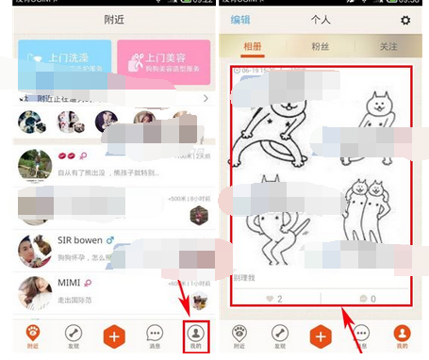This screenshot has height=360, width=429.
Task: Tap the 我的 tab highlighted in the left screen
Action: coord(195,335)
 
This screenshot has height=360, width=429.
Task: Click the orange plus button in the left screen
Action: coord(115,335)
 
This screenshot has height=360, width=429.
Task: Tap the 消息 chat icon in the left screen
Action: coord(156,335)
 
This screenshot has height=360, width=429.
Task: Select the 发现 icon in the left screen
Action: coord(74,335)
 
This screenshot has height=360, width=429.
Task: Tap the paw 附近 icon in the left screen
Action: coord(32,335)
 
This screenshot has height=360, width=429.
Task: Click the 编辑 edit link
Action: coord(240,20)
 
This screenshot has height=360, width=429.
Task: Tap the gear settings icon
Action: coord(405,20)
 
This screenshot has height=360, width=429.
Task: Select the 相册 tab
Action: coord(254,46)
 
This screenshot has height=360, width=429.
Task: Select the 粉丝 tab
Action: coord(322,46)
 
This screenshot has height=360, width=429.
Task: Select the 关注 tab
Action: coord(388,46)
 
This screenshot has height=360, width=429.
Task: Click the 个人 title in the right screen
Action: coord(322,20)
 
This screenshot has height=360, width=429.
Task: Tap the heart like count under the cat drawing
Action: coord(273,298)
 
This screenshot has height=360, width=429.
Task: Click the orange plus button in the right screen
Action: coord(322,335)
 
